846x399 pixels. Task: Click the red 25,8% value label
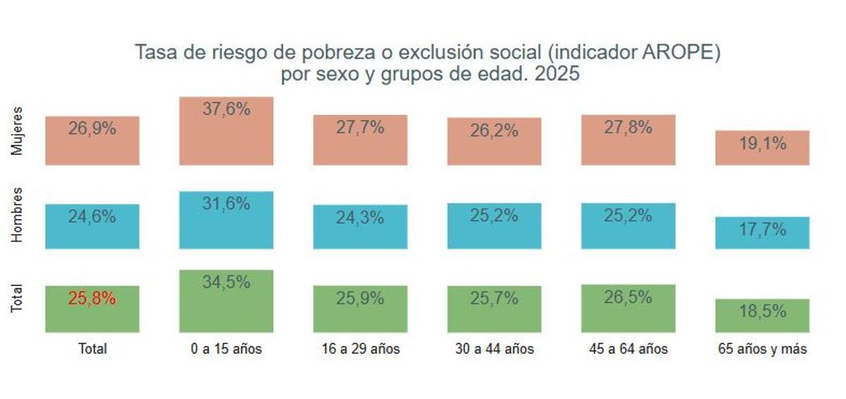92,298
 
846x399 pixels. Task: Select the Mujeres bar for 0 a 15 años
226,131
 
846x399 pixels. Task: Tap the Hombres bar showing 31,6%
226,220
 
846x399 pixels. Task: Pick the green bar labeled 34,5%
226,301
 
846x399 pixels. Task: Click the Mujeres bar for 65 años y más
762,147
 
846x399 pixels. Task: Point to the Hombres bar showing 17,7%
762,233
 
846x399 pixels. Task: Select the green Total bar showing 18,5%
762,315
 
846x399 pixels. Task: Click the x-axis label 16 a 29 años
360,349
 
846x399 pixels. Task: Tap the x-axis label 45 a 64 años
627,349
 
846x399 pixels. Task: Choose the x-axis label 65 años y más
762,349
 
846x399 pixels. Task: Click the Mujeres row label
18,131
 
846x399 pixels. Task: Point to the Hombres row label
18,215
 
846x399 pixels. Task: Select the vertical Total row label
18,299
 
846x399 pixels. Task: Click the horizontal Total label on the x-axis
92,349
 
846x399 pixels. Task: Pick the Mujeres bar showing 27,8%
627,140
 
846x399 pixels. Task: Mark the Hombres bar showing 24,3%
360,226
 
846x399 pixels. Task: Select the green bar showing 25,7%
493,309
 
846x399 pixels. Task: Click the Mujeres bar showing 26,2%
493,141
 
